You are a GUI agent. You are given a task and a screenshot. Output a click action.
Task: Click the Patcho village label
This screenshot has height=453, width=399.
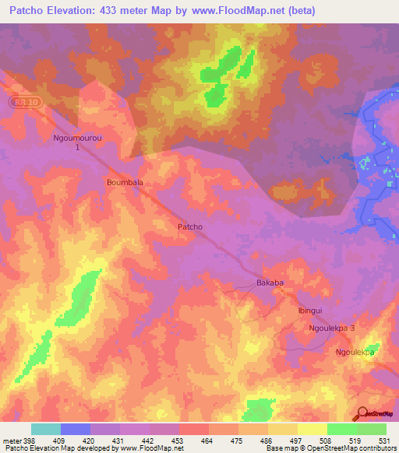point(190,226)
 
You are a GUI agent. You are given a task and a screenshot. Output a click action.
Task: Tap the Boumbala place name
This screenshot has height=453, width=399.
point(125,181)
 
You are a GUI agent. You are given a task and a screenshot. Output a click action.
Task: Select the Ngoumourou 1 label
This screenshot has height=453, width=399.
point(77,142)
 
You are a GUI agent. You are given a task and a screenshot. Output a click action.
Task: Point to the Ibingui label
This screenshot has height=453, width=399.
point(311,310)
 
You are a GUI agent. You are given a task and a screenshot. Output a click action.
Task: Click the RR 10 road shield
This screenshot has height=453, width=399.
point(25,102)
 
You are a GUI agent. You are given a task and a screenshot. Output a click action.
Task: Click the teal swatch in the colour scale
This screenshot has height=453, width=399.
point(46,429)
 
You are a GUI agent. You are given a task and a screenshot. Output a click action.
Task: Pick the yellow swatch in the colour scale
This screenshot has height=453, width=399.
point(312,429)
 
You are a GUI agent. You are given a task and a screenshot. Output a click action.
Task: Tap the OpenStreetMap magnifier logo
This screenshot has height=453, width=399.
point(361,413)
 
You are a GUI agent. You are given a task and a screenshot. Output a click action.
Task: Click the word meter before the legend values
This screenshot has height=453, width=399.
point(11,439)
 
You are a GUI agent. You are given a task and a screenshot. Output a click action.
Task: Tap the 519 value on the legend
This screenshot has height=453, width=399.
point(357,439)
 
